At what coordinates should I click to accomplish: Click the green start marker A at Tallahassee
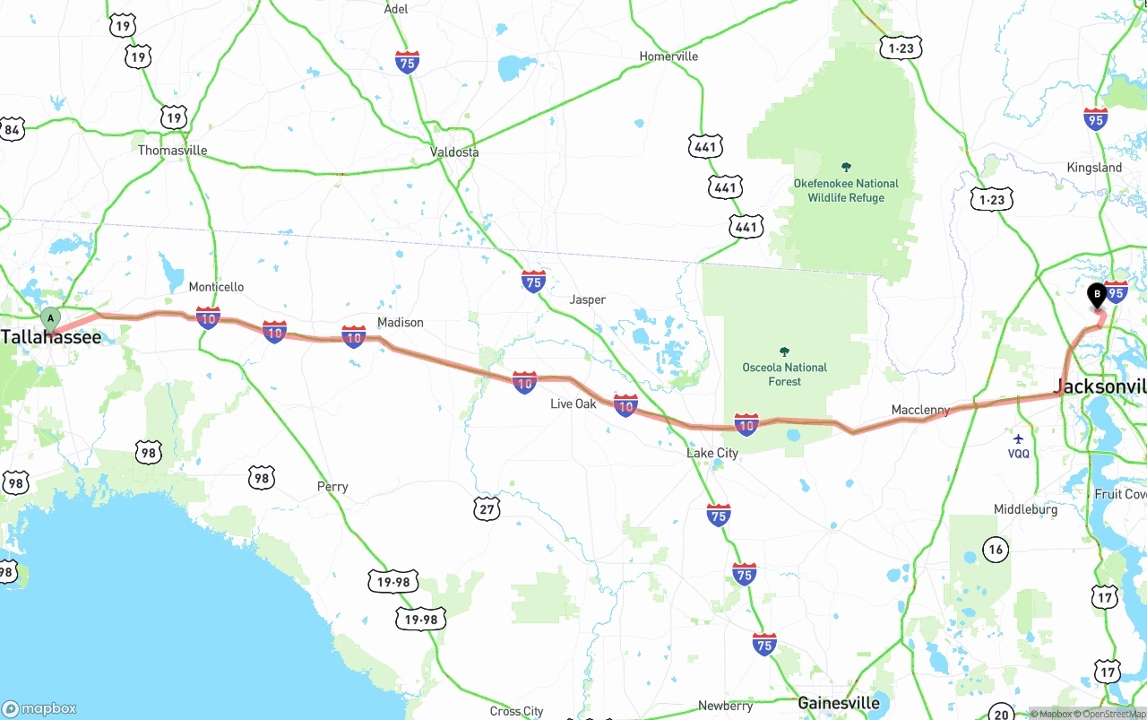(x=51, y=318)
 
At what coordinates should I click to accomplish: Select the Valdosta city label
(x=454, y=152)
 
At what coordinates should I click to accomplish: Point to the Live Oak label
(x=573, y=404)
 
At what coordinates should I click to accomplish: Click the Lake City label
(x=712, y=454)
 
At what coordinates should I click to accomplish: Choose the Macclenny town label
(x=920, y=411)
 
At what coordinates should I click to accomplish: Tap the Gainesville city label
(x=839, y=703)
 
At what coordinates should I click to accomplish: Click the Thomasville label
(x=172, y=151)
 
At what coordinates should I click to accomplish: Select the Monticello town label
(x=216, y=288)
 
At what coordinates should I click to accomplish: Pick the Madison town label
(x=400, y=323)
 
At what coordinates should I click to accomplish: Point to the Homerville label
(x=668, y=56)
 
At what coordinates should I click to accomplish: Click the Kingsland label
(x=1094, y=168)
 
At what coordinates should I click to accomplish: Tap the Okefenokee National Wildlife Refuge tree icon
(x=846, y=167)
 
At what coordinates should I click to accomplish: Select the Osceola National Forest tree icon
(x=785, y=351)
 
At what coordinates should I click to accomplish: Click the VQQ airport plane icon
(x=1018, y=438)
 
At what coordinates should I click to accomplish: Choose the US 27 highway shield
(x=487, y=509)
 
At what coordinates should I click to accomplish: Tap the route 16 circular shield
(x=995, y=549)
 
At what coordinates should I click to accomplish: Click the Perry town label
(x=332, y=487)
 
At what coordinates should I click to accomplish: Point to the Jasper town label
(x=588, y=299)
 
